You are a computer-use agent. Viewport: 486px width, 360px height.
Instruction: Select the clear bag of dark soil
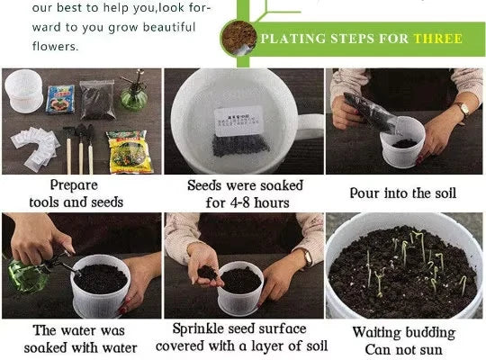coord(97,100)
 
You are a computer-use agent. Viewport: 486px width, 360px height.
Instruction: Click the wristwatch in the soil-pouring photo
coord(463,111)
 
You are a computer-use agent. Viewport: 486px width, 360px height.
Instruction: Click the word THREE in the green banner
coord(437,39)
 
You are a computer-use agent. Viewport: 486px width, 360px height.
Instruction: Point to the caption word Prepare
coord(74,184)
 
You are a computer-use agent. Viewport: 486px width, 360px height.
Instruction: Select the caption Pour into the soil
coord(403,193)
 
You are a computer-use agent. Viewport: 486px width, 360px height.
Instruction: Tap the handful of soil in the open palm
coord(208,270)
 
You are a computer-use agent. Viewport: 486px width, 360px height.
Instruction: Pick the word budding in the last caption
coord(427,332)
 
